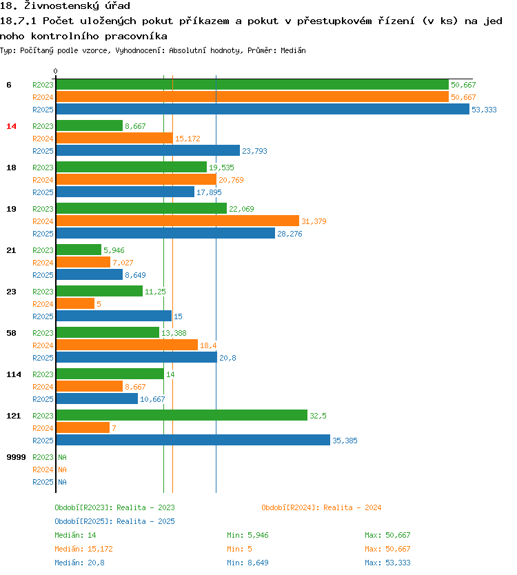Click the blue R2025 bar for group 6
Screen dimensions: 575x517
click(262, 110)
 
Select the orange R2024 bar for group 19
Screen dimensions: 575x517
click(177, 221)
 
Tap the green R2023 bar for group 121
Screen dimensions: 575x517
click(181, 416)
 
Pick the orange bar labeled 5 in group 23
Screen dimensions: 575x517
click(75, 304)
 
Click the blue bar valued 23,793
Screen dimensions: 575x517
click(148, 151)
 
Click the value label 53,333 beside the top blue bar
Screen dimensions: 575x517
click(484, 110)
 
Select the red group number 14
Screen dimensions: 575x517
click(11, 126)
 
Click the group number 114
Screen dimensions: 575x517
click(13, 374)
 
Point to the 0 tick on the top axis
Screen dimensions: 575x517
click(56, 71)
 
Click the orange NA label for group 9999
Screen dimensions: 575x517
click(62, 470)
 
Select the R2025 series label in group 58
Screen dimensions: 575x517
click(43, 358)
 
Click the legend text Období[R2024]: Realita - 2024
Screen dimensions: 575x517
click(321, 507)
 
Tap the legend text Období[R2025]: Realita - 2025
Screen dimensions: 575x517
click(114, 521)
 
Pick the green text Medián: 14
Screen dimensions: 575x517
click(75, 535)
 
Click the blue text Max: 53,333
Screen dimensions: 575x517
click(387, 563)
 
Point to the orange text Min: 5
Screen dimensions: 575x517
click(241, 549)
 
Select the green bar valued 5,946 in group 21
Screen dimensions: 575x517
click(79, 250)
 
